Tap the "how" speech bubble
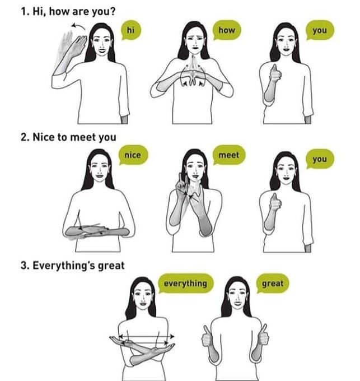(227, 30)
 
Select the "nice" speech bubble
(133, 155)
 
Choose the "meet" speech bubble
(229, 155)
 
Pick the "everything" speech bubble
(186, 284)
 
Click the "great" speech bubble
(273, 284)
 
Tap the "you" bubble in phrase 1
(320, 30)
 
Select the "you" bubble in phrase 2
(320, 159)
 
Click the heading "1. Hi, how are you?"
(68, 11)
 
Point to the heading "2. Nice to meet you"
(68, 137)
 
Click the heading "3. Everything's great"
(73, 266)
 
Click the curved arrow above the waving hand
(78, 25)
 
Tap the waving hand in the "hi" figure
(78, 46)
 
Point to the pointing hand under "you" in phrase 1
(275, 73)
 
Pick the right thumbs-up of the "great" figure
(263, 334)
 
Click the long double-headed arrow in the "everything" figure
(147, 337)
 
